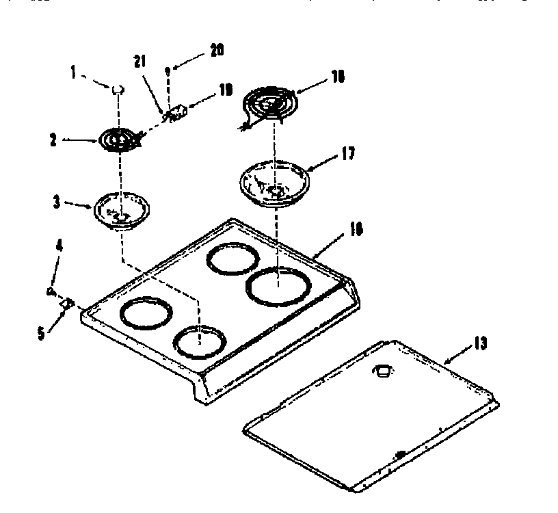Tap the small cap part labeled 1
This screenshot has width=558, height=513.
118,88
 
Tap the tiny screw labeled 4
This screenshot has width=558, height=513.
51,292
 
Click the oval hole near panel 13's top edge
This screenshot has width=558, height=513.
381,371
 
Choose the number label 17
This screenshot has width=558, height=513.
347,154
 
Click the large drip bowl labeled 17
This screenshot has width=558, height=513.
275,182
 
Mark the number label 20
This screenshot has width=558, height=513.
216,50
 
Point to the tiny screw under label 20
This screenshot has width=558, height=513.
168,68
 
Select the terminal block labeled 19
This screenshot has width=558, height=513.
178,111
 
